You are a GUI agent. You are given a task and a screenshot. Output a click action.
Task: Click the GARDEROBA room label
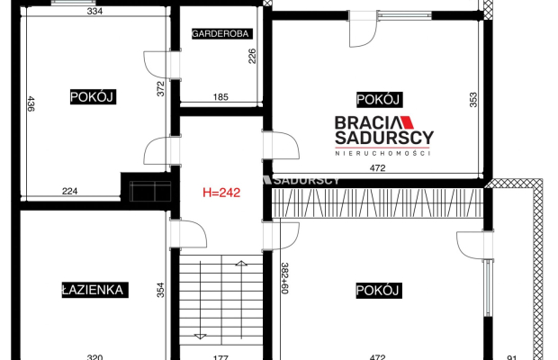(x=220, y=34)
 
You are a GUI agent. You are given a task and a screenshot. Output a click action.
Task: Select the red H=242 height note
(x=221, y=193)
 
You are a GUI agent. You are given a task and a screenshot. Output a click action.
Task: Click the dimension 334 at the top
(x=95, y=11)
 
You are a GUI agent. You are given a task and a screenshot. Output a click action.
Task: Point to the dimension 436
(x=31, y=103)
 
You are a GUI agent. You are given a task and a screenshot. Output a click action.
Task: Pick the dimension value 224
(x=70, y=191)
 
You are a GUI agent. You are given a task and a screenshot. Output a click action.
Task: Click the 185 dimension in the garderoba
(x=220, y=97)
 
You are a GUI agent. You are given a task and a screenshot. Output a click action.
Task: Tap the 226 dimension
(x=252, y=56)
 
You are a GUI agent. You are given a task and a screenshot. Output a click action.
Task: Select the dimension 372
(x=161, y=89)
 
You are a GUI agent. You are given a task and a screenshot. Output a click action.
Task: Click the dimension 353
(x=473, y=100)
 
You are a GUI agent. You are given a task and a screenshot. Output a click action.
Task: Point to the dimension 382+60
(x=284, y=278)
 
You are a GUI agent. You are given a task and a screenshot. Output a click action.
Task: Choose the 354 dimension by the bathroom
(x=161, y=290)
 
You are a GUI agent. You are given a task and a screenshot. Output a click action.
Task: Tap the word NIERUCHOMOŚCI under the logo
(x=382, y=153)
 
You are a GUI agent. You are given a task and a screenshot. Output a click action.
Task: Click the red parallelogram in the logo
(x=407, y=122)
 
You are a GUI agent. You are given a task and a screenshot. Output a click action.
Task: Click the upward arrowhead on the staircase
(x=241, y=264)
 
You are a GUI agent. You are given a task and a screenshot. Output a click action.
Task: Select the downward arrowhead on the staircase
(x=200, y=337)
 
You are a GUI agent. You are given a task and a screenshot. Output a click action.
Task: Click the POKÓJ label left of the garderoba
(x=92, y=97)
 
